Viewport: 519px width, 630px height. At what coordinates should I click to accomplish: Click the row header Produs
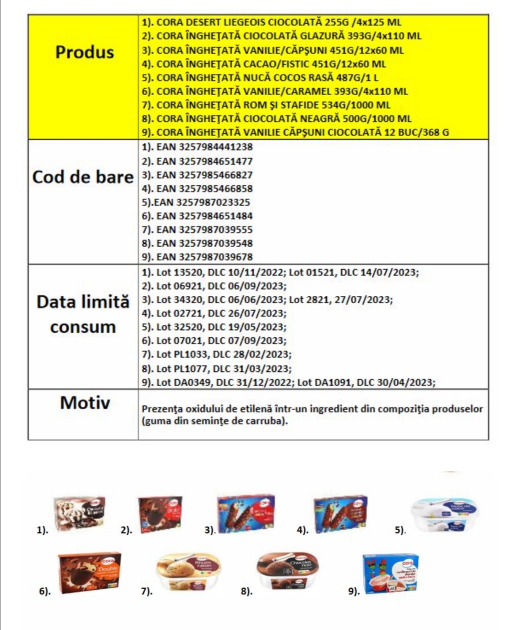coord(85,52)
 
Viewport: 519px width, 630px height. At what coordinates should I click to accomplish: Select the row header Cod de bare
coord(83,177)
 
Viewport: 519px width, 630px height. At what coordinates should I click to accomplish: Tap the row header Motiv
coord(85,403)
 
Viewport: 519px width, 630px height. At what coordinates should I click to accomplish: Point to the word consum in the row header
coord(83,327)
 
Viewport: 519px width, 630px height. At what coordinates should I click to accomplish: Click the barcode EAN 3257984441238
coord(198,147)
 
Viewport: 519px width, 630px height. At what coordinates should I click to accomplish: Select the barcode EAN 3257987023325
coord(196,202)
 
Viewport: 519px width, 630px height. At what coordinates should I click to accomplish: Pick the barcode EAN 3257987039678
coord(198,257)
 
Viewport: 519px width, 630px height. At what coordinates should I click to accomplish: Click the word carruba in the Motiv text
coord(267,421)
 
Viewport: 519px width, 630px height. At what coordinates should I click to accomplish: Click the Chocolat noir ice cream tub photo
coord(288,571)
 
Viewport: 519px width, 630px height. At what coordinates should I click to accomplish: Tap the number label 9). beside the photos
coord(354,592)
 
